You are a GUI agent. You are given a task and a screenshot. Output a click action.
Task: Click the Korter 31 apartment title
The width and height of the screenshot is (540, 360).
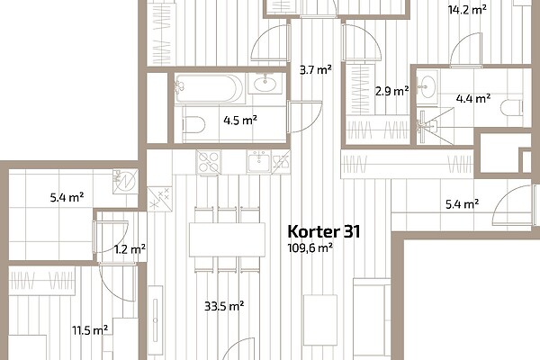[324, 231]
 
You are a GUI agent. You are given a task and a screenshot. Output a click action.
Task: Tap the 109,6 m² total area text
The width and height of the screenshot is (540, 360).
[310, 248]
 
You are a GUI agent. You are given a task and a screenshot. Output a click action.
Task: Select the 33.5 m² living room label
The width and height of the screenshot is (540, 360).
[224, 306]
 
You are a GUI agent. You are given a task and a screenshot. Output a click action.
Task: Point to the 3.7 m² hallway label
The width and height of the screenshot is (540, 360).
[316, 70]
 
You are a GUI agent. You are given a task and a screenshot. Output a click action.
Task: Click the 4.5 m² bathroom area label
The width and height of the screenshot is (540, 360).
[240, 121]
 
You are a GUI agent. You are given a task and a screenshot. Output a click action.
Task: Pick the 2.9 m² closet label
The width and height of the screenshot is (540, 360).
[391, 91]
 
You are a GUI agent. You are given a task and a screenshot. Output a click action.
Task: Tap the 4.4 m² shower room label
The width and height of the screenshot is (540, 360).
[473, 99]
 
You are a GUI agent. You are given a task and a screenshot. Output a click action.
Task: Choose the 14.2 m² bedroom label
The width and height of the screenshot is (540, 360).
[467, 10]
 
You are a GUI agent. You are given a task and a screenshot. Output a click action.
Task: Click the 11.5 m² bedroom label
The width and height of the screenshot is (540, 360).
[90, 330]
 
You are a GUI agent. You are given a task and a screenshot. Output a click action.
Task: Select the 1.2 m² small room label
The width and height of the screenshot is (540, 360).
[130, 249]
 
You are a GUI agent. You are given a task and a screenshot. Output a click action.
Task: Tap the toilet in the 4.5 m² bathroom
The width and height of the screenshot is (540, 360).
[193, 124]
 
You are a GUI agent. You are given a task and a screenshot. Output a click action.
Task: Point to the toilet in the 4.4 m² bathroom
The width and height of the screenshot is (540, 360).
[512, 109]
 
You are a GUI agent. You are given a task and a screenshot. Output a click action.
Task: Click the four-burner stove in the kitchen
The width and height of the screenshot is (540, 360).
[209, 162]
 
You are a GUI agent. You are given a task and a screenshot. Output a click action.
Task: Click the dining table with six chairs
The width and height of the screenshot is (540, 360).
[227, 239]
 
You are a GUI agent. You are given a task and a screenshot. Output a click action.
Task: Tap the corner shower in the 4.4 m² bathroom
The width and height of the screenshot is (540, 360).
[435, 126]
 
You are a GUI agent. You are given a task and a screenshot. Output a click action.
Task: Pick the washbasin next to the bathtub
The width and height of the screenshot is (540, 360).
[265, 83]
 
